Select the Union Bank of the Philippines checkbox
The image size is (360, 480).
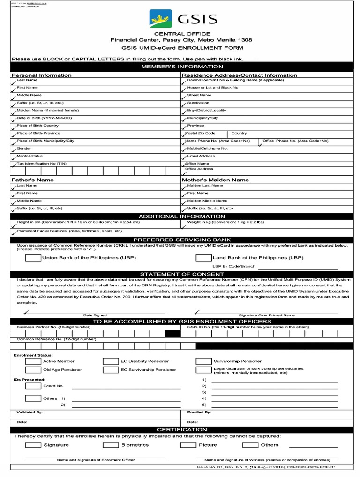click(x=32, y=258)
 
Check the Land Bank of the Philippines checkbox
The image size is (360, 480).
click(x=203, y=258)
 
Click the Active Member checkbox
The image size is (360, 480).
click(x=32, y=361)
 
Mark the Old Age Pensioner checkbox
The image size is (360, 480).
click(x=32, y=370)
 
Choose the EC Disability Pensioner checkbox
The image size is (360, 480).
click(x=110, y=361)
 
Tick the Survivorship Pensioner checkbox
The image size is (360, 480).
click(x=203, y=361)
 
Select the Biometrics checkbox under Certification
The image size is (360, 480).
click(x=110, y=445)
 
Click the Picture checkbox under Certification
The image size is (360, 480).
click(x=188, y=445)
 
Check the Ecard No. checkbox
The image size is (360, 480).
click(x=32, y=386)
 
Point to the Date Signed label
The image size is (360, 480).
click(x=95, y=315)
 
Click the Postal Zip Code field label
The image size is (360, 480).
click(x=201, y=133)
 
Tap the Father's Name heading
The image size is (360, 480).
click(x=32, y=180)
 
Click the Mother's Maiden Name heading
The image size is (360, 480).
click(x=215, y=180)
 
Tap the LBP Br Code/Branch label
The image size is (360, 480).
click(x=231, y=266)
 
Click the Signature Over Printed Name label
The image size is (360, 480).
click(x=267, y=315)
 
